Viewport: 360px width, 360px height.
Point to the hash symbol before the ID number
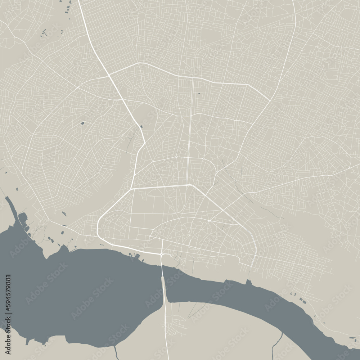click(8, 310)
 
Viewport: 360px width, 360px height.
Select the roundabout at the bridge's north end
click(163, 255)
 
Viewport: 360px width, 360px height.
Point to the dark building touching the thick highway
click(141, 127)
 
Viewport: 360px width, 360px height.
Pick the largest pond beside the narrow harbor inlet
click(23, 217)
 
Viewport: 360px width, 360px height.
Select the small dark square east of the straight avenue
click(199, 94)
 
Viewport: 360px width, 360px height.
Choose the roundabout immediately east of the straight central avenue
click(203, 158)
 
